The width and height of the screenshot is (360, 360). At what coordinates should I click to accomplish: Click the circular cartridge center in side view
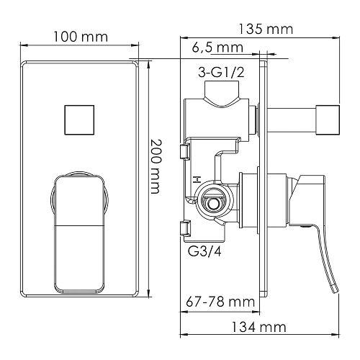212,202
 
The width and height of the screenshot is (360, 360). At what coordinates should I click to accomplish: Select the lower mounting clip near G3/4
185,229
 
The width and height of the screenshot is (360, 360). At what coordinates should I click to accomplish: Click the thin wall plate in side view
267,180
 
